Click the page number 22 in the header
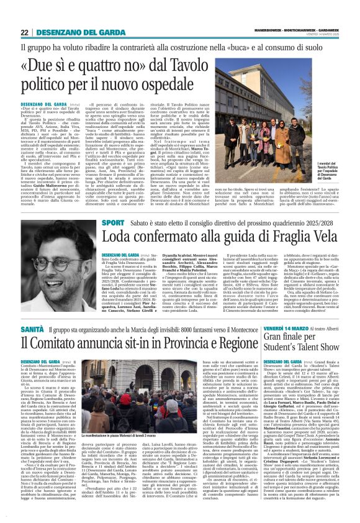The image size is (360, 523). (25, 32)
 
